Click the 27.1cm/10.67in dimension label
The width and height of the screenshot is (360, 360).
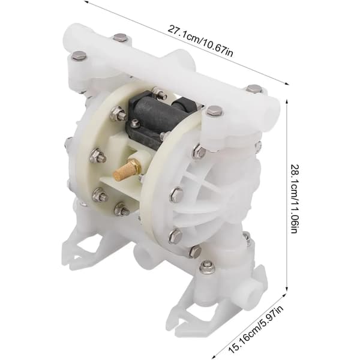tap(200, 41)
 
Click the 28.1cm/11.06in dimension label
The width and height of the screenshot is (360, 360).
tap(295, 199)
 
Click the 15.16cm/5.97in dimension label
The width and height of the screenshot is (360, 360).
tap(256, 329)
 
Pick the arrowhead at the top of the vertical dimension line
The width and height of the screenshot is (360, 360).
tap(287, 101)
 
